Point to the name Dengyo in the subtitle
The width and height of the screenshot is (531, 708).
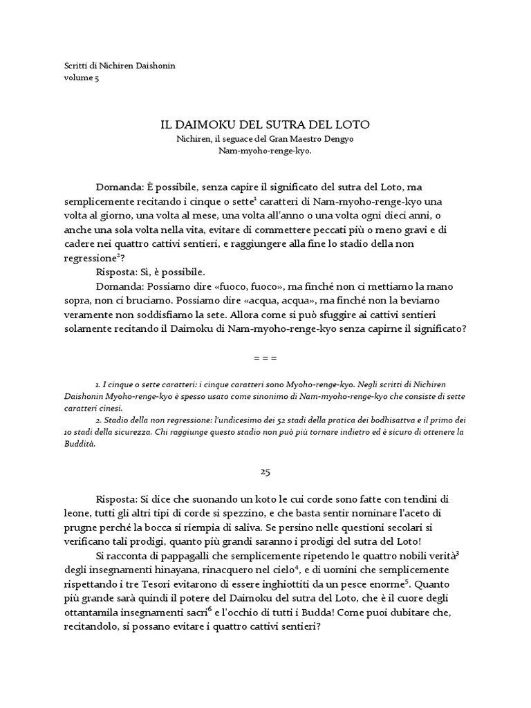tap(341, 139)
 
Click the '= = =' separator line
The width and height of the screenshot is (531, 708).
tap(265, 359)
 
